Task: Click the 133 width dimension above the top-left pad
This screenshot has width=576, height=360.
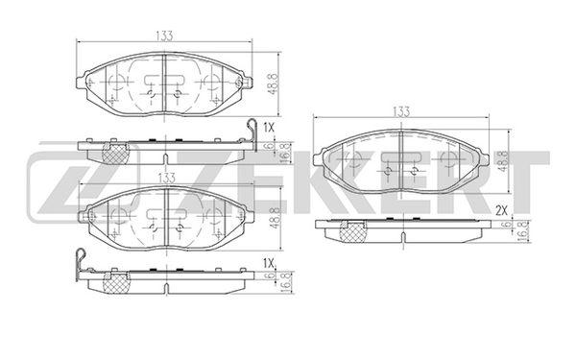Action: click(x=164, y=36)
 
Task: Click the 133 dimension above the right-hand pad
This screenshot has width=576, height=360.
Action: click(x=400, y=111)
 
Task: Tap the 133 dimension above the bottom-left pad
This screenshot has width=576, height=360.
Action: click(x=166, y=179)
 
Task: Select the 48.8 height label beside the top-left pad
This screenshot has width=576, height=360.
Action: click(x=274, y=84)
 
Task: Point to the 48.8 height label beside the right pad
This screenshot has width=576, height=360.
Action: click(x=502, y=161)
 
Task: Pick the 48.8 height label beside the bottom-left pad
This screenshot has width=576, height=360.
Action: click(x=276, y=218)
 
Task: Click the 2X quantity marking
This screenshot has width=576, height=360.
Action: click(x=501, y=210)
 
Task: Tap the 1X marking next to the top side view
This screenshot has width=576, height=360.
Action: click(x=269, y=128)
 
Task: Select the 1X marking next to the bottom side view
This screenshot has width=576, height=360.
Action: click(x=269, y=263)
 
